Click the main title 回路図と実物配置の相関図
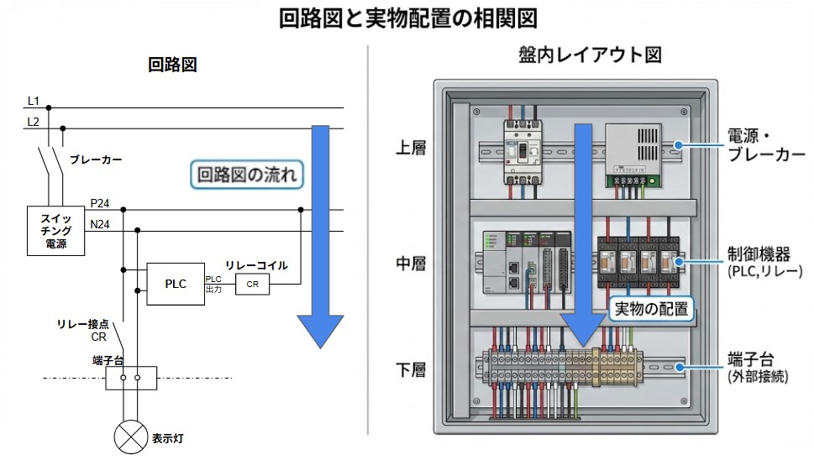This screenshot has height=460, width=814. tap(407, 18)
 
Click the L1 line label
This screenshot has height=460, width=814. tap(34, 101)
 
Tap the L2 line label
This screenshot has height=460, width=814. tap(34, 122)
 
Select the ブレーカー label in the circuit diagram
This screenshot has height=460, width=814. tap(96, 159)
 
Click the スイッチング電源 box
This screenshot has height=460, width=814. tap(56, 232)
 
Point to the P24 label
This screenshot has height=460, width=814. tap(100, 203)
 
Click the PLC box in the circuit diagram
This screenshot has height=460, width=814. tap(175, 285)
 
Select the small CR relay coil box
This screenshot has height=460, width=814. tap(252, 285)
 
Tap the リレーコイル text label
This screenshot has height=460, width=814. tap(256, 265)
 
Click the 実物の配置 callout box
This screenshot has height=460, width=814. tap(651, 309)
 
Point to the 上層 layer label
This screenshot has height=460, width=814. tap(411, 149)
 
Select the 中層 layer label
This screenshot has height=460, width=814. tap(411, 264)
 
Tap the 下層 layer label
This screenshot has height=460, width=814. tap(411, 369)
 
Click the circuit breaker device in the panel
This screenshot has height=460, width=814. tap(520, 152)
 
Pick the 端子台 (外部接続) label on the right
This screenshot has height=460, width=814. tap(758, 369)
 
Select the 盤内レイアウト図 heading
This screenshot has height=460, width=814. tap(591, 55)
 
